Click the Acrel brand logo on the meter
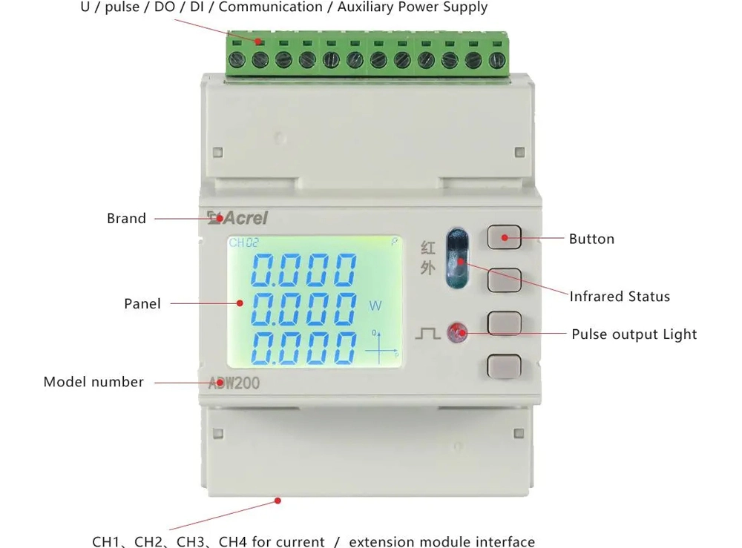point(237,217)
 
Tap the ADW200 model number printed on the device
point(234,383)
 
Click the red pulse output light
point(457,333)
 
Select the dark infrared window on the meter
point(458,258)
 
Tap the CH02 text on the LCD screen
point(243,242)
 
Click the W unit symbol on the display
point(375,306)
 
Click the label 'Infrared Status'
point(620,297)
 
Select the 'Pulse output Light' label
point(634,334)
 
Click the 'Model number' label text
point(93,382)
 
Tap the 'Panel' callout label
point(142,303)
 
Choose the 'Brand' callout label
point(126,219)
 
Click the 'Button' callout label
point(591,239)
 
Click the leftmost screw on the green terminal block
point(237,60)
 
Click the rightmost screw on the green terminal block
point(497,60)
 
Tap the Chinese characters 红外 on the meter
point(428,258)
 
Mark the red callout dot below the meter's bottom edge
point(278,501)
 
